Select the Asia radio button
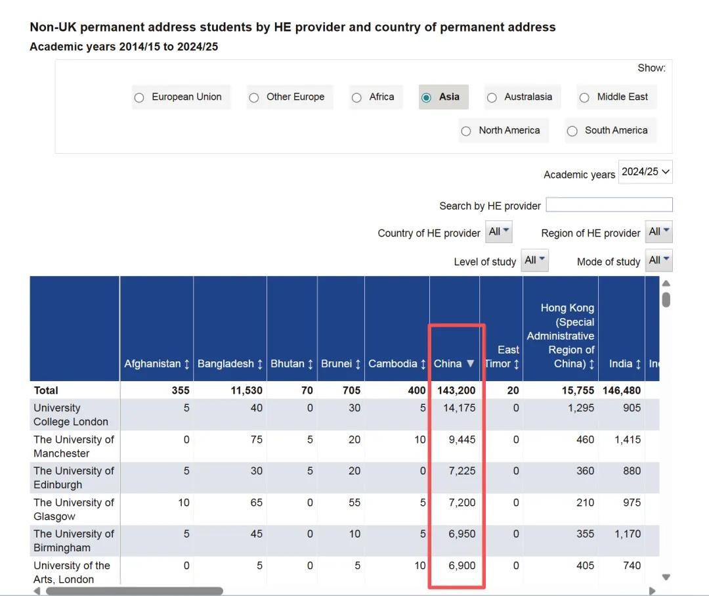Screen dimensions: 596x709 [x=427, y=97]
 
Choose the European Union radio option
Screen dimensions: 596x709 [x=139, y=97]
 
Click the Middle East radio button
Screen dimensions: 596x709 [x=584, y=97]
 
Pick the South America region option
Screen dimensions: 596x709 [x=572, y=131]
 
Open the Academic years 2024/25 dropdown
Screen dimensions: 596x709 [x=645, y=172]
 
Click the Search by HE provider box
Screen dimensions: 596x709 [x=609, y=205]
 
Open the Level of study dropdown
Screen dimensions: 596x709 [x=534, y=260]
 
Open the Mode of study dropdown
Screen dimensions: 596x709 [x=658, y=260]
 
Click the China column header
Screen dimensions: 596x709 [x=454, y=363]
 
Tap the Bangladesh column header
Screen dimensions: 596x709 [x=230, y=363]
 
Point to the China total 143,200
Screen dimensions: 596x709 [x=456, y=390]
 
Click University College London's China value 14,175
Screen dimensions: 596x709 [x=460, y=408]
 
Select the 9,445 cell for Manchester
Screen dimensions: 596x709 [x=462, y=440]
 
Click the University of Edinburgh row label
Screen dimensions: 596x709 [x=74, y=478]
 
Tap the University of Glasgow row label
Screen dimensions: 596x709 [x=74, y=509]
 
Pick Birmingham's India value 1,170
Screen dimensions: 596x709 [x=628, y=534]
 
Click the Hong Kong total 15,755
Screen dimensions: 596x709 [x=578, y=390]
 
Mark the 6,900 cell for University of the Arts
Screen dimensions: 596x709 [x=462, y=566]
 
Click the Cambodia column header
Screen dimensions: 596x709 [x=397, y=363]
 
